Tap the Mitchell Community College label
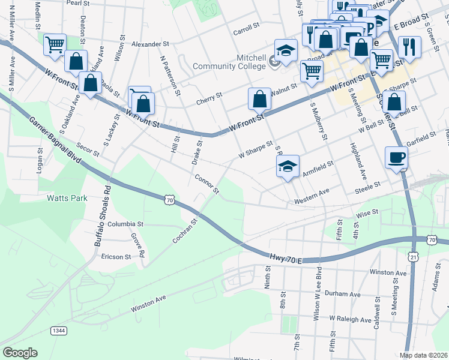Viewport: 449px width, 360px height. tap(231, 63)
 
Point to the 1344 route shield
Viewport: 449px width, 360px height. tap(58, 331)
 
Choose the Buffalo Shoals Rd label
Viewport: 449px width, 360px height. tap(101, 217)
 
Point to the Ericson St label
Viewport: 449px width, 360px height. tap(116, 257)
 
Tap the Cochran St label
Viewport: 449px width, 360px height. tap(185, 230)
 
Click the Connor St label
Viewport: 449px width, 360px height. tap(207, 184)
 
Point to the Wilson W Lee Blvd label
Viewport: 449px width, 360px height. tap(318, 292)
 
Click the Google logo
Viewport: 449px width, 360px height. tap(20, 353)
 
